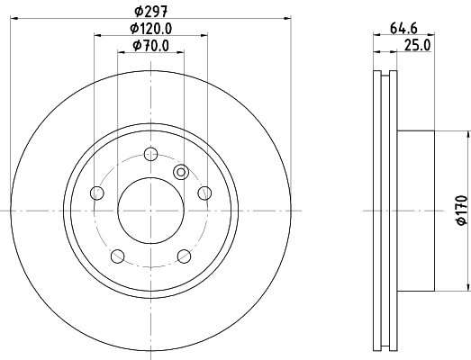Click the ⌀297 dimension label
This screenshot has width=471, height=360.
point(150,12)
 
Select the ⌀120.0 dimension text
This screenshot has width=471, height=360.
point(150,29)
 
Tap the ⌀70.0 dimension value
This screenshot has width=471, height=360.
point(150,46)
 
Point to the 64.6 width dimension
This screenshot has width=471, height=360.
point(403,29)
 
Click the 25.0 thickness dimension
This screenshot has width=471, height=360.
point(417,46)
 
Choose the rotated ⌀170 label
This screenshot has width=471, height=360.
point(462,210)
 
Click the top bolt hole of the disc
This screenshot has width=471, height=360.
point(150,154)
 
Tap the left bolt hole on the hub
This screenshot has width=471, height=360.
point(96,193)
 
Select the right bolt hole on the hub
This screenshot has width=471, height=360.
point(204,193)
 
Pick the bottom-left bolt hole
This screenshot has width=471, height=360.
point(117,256)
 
